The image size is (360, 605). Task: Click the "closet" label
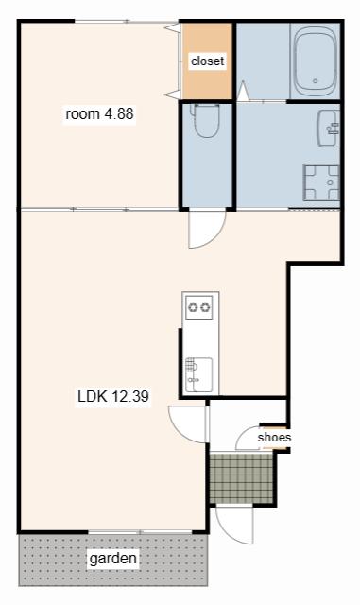pos(207,60)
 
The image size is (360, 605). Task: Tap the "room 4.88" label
pos(99,113)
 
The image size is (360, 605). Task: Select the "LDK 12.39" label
pos(113,396)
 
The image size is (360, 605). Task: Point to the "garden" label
pos(112,558)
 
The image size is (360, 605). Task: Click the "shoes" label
pos(274,437)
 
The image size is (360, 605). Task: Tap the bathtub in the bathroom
pos(316,60)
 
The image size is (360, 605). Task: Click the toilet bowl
pos(206,120)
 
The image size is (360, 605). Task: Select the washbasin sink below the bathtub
pos(329,129)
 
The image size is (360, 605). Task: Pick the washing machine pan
pos(321,182)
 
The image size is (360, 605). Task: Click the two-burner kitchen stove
pos(199,307)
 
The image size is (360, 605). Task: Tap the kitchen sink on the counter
pos(198,375)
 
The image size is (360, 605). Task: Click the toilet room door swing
pos(207,229)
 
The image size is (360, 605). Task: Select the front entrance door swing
pos(234,525)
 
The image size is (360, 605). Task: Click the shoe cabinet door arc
pos(248,439)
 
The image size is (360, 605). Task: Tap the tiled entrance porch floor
pos(242,478)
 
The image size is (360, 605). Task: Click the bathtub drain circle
pos(316,81)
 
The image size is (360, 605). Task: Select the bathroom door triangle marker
pos(242,91)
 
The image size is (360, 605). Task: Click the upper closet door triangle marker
pos(172,27)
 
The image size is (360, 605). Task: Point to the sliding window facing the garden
pos(141,532)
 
